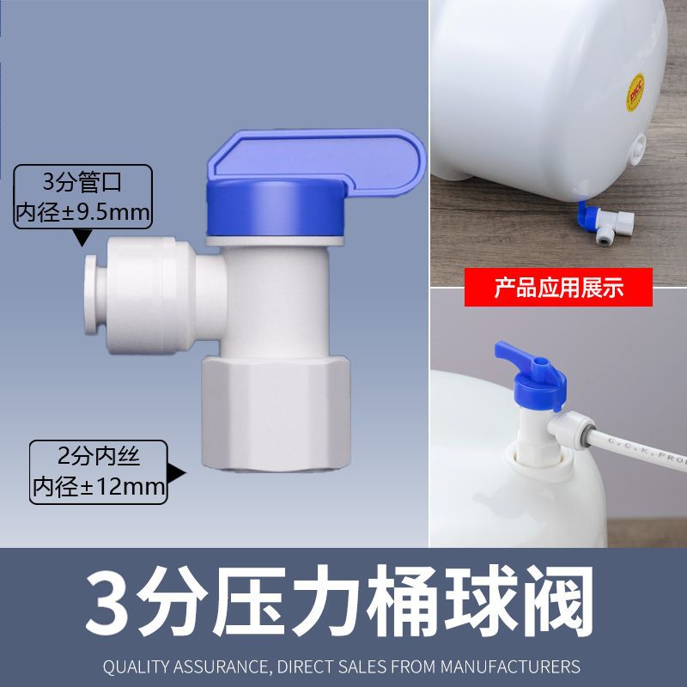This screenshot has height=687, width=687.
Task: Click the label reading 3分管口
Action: (83, 182)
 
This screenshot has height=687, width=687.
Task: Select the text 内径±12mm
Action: (98, 487)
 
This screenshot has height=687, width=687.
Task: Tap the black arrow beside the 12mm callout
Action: (179, 471)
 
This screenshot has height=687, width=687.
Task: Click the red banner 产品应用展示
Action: (558, 289)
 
